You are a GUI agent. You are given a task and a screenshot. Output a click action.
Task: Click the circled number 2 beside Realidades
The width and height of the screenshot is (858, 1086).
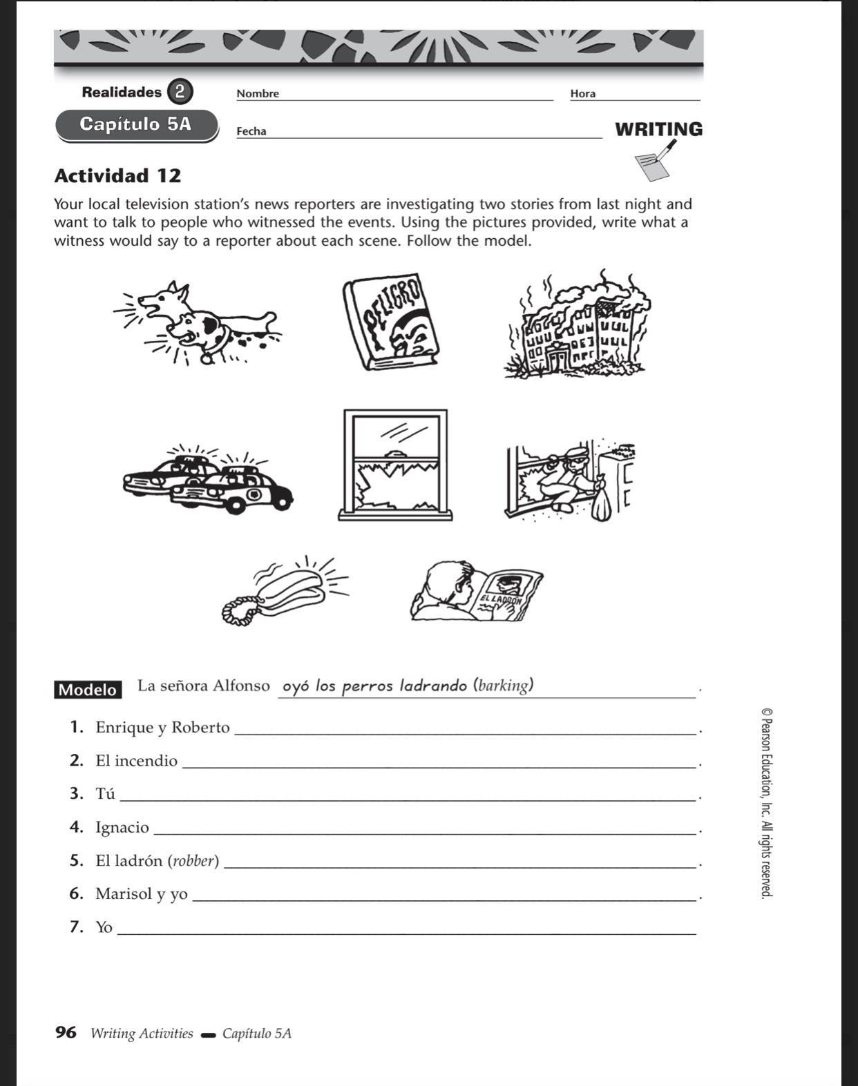[x=180, y=91]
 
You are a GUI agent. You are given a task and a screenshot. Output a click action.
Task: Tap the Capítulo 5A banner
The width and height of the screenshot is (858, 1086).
[x=136, y=125]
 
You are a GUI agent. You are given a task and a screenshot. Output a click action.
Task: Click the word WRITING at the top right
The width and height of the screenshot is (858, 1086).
[x=658, y=129]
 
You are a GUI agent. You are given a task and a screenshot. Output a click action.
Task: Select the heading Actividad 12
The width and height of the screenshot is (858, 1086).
[x=117, y=175]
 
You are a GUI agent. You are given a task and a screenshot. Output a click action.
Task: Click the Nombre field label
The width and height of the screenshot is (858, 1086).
[x=258, y=94]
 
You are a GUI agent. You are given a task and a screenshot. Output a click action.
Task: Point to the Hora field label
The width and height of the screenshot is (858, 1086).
[x=582, y=94]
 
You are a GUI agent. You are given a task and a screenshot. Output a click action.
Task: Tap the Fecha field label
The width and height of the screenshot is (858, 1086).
[x=251, y=131]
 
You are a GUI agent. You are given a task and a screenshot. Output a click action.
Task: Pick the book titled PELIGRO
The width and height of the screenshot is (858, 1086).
[x=391, y=322]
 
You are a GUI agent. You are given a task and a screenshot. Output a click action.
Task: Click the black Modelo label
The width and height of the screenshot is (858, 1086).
[x=88, y=690]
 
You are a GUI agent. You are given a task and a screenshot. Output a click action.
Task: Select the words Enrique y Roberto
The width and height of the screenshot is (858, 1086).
[x=162, y=728]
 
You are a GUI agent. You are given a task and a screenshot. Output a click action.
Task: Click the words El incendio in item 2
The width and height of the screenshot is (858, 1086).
[x=136, y=761]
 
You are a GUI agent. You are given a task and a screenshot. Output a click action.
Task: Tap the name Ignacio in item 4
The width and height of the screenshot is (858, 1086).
[x=122, y=827]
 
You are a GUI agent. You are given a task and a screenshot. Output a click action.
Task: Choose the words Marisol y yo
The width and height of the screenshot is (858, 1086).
[x=142, y=894]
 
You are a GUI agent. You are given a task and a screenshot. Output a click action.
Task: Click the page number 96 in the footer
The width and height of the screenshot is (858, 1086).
[x=66, y=1033]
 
